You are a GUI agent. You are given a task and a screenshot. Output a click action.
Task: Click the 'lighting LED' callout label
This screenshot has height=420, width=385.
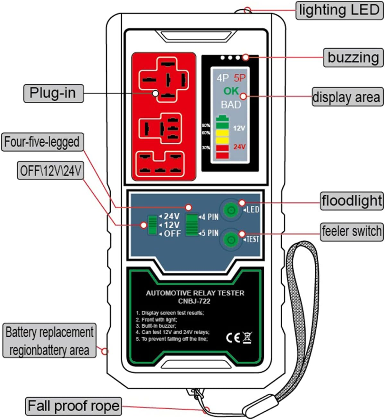click(339, 10)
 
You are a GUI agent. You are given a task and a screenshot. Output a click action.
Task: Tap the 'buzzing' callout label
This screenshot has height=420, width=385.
click(353, 58)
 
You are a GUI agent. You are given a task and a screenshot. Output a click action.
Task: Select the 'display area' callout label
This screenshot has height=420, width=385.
click(347, 97)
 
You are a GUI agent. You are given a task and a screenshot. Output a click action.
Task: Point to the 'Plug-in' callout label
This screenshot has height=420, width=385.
click(53, 93)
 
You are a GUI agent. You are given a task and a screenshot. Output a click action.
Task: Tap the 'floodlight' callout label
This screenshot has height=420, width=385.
click(352, 201)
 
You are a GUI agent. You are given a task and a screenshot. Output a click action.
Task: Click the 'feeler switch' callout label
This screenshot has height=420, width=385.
click(352, 231)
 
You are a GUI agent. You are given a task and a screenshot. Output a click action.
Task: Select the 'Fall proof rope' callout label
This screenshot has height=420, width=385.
click(73, 406)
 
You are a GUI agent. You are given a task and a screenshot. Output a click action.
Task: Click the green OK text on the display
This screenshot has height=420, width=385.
click(231, 91)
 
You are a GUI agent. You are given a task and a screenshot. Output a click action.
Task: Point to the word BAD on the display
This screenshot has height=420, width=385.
click(231, 105)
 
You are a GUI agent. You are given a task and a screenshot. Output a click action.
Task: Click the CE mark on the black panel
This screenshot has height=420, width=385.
click(233, 338)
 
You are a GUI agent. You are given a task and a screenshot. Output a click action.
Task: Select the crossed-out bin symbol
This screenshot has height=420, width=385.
click(247, 338)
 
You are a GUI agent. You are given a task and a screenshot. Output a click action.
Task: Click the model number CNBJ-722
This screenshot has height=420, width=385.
click(194, 301)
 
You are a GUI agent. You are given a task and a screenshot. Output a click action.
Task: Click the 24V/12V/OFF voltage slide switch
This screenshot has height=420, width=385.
click(152, 225)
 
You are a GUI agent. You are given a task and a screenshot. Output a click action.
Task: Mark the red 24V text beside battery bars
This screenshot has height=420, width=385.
click(239, 147)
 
